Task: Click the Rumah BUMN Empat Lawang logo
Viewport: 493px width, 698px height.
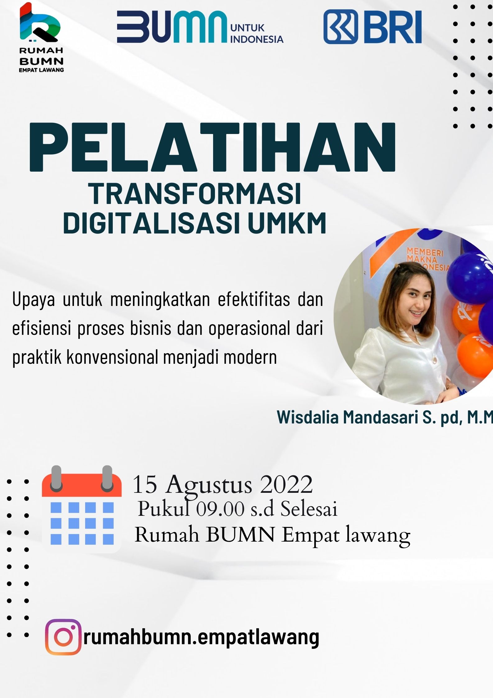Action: (41, 37)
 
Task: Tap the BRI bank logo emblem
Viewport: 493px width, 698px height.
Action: (341, 27)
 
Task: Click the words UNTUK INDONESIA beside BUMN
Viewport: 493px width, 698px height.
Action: (257, 34)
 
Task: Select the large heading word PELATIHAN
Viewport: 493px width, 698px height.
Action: (212, 147)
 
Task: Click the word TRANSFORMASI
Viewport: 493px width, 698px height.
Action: (195, 194)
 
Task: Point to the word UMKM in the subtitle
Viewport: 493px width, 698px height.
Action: (287, 223)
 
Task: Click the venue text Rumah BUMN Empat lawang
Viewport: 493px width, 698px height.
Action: (272, 536)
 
